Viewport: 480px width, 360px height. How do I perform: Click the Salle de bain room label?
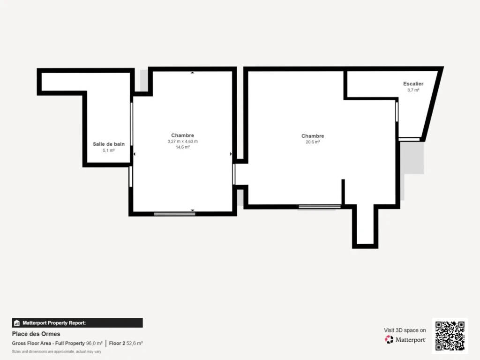click(109, 144)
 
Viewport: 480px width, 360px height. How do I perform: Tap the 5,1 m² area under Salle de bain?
click(109, 150)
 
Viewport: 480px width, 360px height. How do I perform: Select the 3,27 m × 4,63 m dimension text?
click(182, 142)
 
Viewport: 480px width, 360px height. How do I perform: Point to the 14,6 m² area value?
click(182, 147)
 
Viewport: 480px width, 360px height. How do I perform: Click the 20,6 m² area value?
click(313, 142)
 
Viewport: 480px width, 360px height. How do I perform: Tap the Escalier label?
click(413, 83)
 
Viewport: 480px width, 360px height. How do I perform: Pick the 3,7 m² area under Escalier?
click(413, 90)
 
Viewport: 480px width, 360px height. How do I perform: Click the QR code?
click(450, 336)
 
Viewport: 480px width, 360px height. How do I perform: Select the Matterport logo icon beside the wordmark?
click(389, 339)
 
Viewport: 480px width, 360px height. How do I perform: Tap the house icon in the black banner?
click(17, 323)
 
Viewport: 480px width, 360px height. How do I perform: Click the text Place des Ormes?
click(36, 334)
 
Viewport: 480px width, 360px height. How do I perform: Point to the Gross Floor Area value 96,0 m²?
click(94, 344)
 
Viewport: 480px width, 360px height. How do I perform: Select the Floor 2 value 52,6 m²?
click(135, 344)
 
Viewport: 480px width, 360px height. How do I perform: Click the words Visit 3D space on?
click(405, 330)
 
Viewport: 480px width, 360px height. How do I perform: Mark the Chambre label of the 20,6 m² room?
click(313, 136)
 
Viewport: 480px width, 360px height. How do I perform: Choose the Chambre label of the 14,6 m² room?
click(182, 135)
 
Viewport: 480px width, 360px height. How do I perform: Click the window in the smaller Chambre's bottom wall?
click(174, 214)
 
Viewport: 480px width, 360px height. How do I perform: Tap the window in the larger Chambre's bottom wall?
click(320, 207)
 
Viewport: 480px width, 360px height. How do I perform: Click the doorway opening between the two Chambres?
click(240, 174)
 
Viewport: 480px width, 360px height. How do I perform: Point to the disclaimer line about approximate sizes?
click(57, 352)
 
